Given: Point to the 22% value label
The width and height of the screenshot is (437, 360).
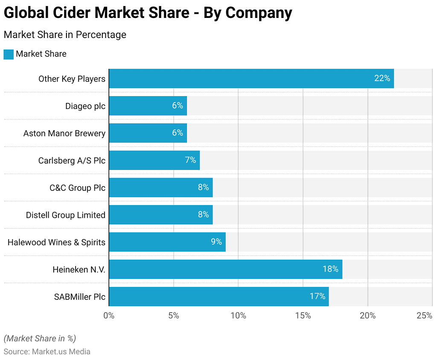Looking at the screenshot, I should coord(382,79).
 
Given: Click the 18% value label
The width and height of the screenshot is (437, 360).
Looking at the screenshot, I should coord(330,269).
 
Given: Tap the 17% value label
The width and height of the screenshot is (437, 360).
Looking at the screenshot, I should coord(318,296).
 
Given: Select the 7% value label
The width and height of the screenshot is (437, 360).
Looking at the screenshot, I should coord(190,160).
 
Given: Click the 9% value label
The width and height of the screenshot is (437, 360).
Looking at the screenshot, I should coord(216,242).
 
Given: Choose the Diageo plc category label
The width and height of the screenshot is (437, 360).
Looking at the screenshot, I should coord(85,106).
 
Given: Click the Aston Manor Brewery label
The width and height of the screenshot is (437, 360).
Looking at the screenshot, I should coord(64,133).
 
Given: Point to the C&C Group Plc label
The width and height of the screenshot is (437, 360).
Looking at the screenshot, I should coord(77,187).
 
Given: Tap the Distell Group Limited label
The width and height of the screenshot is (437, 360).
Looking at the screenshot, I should coord(66,215).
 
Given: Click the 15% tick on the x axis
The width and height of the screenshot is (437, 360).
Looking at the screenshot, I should coord(303,316).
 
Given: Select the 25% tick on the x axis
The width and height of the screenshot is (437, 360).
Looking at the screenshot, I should coord(424,316).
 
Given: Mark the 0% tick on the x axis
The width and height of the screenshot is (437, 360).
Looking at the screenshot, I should coord(109,316).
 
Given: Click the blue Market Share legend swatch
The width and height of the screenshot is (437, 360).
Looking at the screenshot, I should coord(9,54).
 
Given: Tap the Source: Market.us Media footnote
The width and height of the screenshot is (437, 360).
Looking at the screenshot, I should coord(47,351).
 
